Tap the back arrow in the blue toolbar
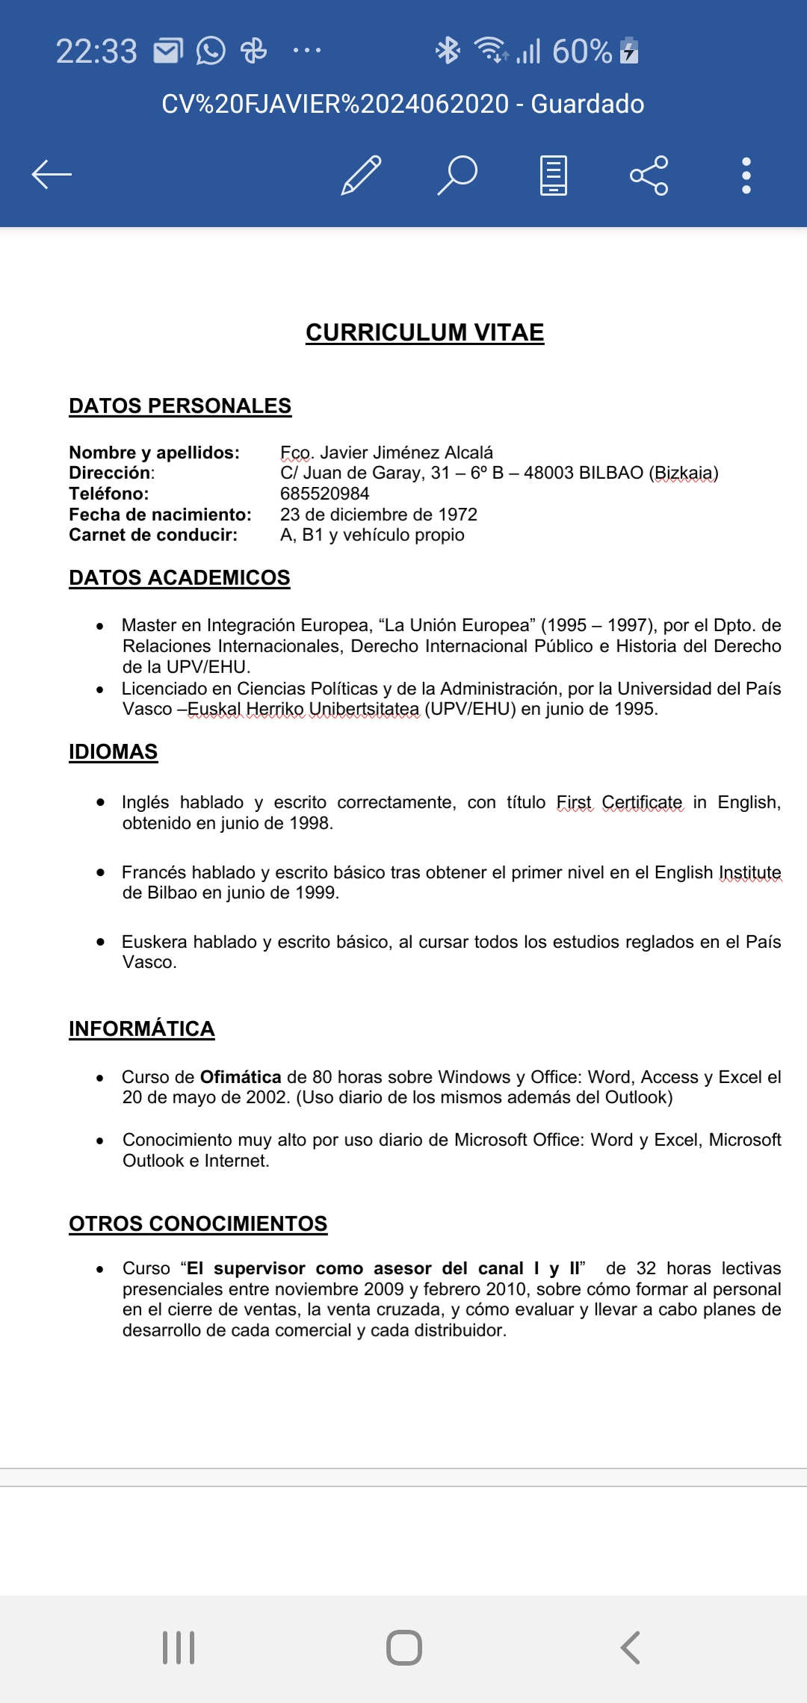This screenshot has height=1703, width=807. click(52, 175)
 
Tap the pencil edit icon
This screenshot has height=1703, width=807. click(362, 176)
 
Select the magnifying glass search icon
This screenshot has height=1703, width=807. click(457, 176)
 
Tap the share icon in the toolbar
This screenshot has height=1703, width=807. click(649, 176)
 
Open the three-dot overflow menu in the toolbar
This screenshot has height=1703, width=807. click(746, 176)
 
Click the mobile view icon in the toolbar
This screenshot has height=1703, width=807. click(553, 176)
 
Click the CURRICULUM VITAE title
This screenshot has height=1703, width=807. click(424, 332)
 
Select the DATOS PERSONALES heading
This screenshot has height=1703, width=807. click(180, 406)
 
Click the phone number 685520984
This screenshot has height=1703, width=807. click(324, 494)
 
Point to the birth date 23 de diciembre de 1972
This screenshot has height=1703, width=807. click(378, 515)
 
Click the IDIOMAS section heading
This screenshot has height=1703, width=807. click(113, 751)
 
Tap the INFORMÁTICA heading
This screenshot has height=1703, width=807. click(141, 1029)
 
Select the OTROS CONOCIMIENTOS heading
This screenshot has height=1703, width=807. click(198, 1223)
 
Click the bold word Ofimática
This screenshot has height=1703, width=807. click(241, 1077)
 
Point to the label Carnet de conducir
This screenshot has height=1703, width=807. click(153, 535)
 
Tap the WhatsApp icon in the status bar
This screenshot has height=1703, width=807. click(211, 51)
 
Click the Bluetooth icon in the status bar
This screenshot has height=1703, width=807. click(448, 51)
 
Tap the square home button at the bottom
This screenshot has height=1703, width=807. click(404, 1647)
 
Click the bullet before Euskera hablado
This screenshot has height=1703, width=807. click(100, 942)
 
